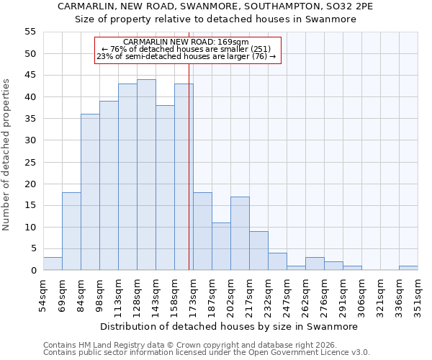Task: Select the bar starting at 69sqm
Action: (x=71, y=231)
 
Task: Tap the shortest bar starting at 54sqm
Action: (x=53, y=264)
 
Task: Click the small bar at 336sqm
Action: (x=408, y=268)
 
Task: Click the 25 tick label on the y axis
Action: (x=30, y=162)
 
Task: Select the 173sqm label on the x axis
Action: (x=193, y=296)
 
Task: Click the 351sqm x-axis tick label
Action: (x=418, y=296)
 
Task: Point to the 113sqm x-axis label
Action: (x=118, y=296)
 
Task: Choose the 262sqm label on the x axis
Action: (x=305, y=296)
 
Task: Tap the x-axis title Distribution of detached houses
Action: (x=229, y=326)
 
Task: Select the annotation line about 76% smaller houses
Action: (x=187, y=50)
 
